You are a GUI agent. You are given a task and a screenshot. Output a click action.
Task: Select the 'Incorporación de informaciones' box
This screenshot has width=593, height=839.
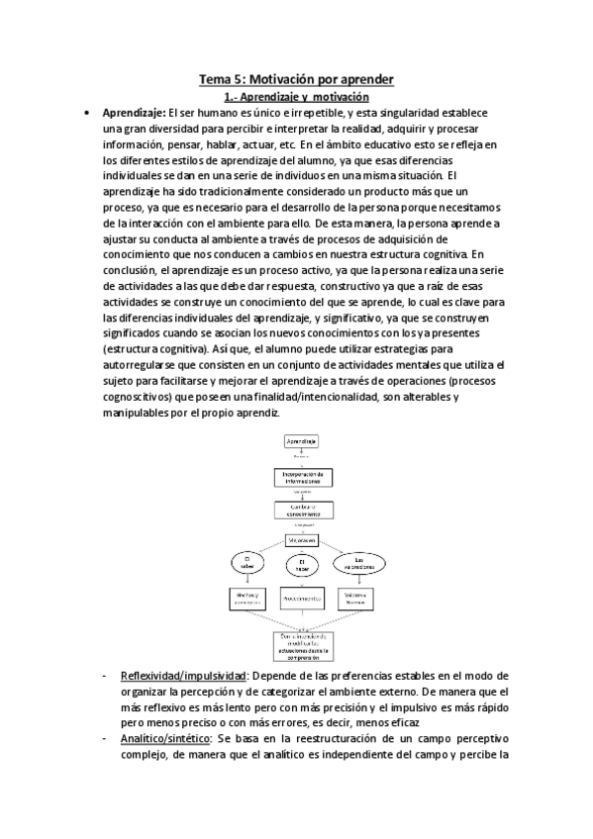tap(300, 477)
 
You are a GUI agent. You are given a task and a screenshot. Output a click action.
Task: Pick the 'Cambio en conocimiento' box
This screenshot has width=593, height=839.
tap(300, 510)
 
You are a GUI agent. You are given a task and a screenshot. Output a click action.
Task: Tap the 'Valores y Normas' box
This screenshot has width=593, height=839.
tap(357, 599)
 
